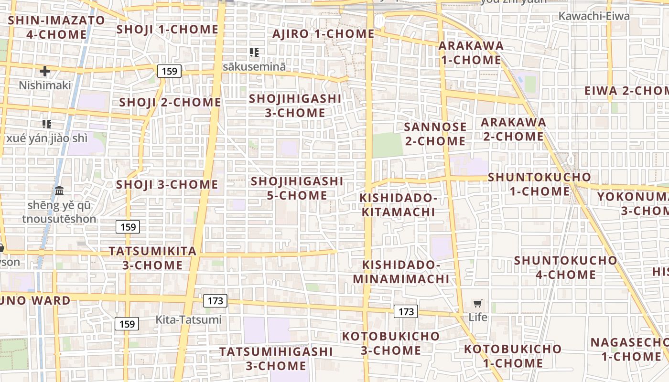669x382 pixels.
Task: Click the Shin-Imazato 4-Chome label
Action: coord(56,27)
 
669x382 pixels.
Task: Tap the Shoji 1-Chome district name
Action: coord(167,30)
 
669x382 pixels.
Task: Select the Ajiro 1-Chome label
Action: coord(324,34)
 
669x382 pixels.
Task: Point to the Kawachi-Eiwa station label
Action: coord(594,16)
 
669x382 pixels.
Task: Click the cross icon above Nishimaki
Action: coord(45,72)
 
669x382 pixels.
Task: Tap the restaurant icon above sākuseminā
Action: coord(254,53)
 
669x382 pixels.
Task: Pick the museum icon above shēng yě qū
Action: coord(59,191)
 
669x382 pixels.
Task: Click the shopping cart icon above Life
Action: coord(477,304)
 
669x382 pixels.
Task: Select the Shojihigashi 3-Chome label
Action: coord(295,106)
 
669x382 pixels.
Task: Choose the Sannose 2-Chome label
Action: coord(435,134)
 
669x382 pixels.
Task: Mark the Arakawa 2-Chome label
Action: coord(513,129)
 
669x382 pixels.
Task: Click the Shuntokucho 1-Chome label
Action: coord(540,184)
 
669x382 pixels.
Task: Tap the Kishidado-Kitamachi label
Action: coord(398,205)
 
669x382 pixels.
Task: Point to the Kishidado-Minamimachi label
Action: coord(401,272)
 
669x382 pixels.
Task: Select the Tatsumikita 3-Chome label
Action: coord(152,258)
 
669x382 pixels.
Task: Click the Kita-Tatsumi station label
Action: coord(189,319)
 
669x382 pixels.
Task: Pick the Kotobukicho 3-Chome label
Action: coord(390,343)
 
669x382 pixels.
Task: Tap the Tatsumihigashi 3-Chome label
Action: coord(276,359)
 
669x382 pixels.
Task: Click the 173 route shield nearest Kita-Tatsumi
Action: coord(215,301)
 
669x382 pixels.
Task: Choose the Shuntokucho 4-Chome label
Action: coord(565,267)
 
